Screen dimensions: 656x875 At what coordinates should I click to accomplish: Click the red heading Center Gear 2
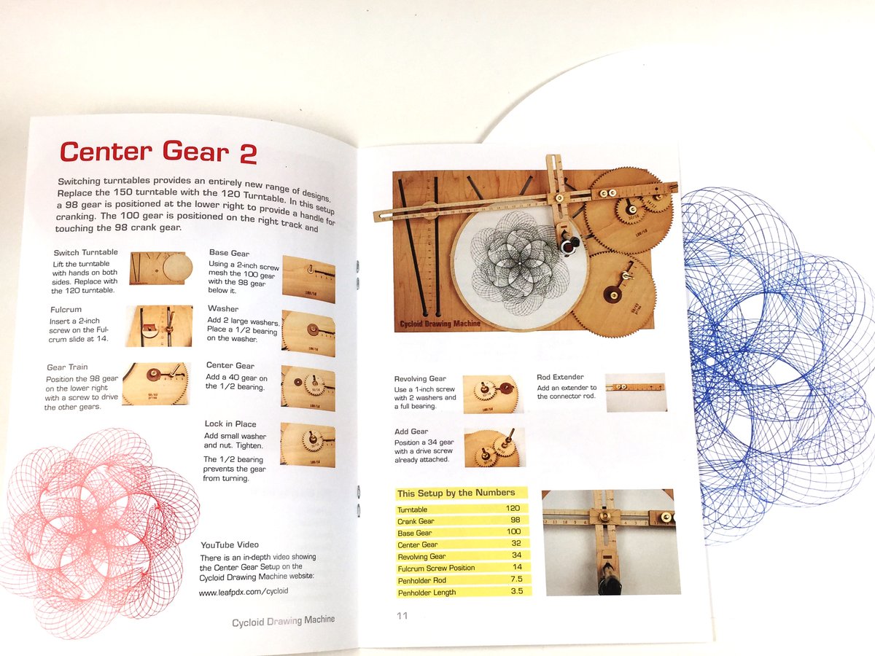(157, 152)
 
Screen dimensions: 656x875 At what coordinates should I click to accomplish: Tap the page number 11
(402, 616)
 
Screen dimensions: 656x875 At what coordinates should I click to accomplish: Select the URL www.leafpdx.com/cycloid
(243, 591)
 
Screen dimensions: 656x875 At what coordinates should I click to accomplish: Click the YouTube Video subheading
(229, 544)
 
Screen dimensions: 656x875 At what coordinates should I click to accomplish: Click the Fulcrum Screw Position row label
(436, 568)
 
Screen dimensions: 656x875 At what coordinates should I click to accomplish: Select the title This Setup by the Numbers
(456, 493)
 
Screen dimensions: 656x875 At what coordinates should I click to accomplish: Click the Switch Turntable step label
(82, 252)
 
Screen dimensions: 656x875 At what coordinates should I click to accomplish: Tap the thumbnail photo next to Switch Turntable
(161, 269)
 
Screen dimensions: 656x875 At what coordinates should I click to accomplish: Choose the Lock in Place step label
(230, 423)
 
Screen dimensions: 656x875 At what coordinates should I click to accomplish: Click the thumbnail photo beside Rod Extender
(636, 392)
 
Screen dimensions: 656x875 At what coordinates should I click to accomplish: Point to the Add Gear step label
(411, 432)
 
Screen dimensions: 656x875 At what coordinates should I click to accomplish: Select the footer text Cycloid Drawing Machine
(284, 620)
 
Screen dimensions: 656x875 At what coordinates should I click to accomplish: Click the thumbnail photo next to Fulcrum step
(159, 326)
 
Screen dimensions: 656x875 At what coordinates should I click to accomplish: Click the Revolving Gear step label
(420, 379)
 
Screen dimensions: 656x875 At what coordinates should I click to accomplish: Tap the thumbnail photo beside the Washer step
(308, 333)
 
